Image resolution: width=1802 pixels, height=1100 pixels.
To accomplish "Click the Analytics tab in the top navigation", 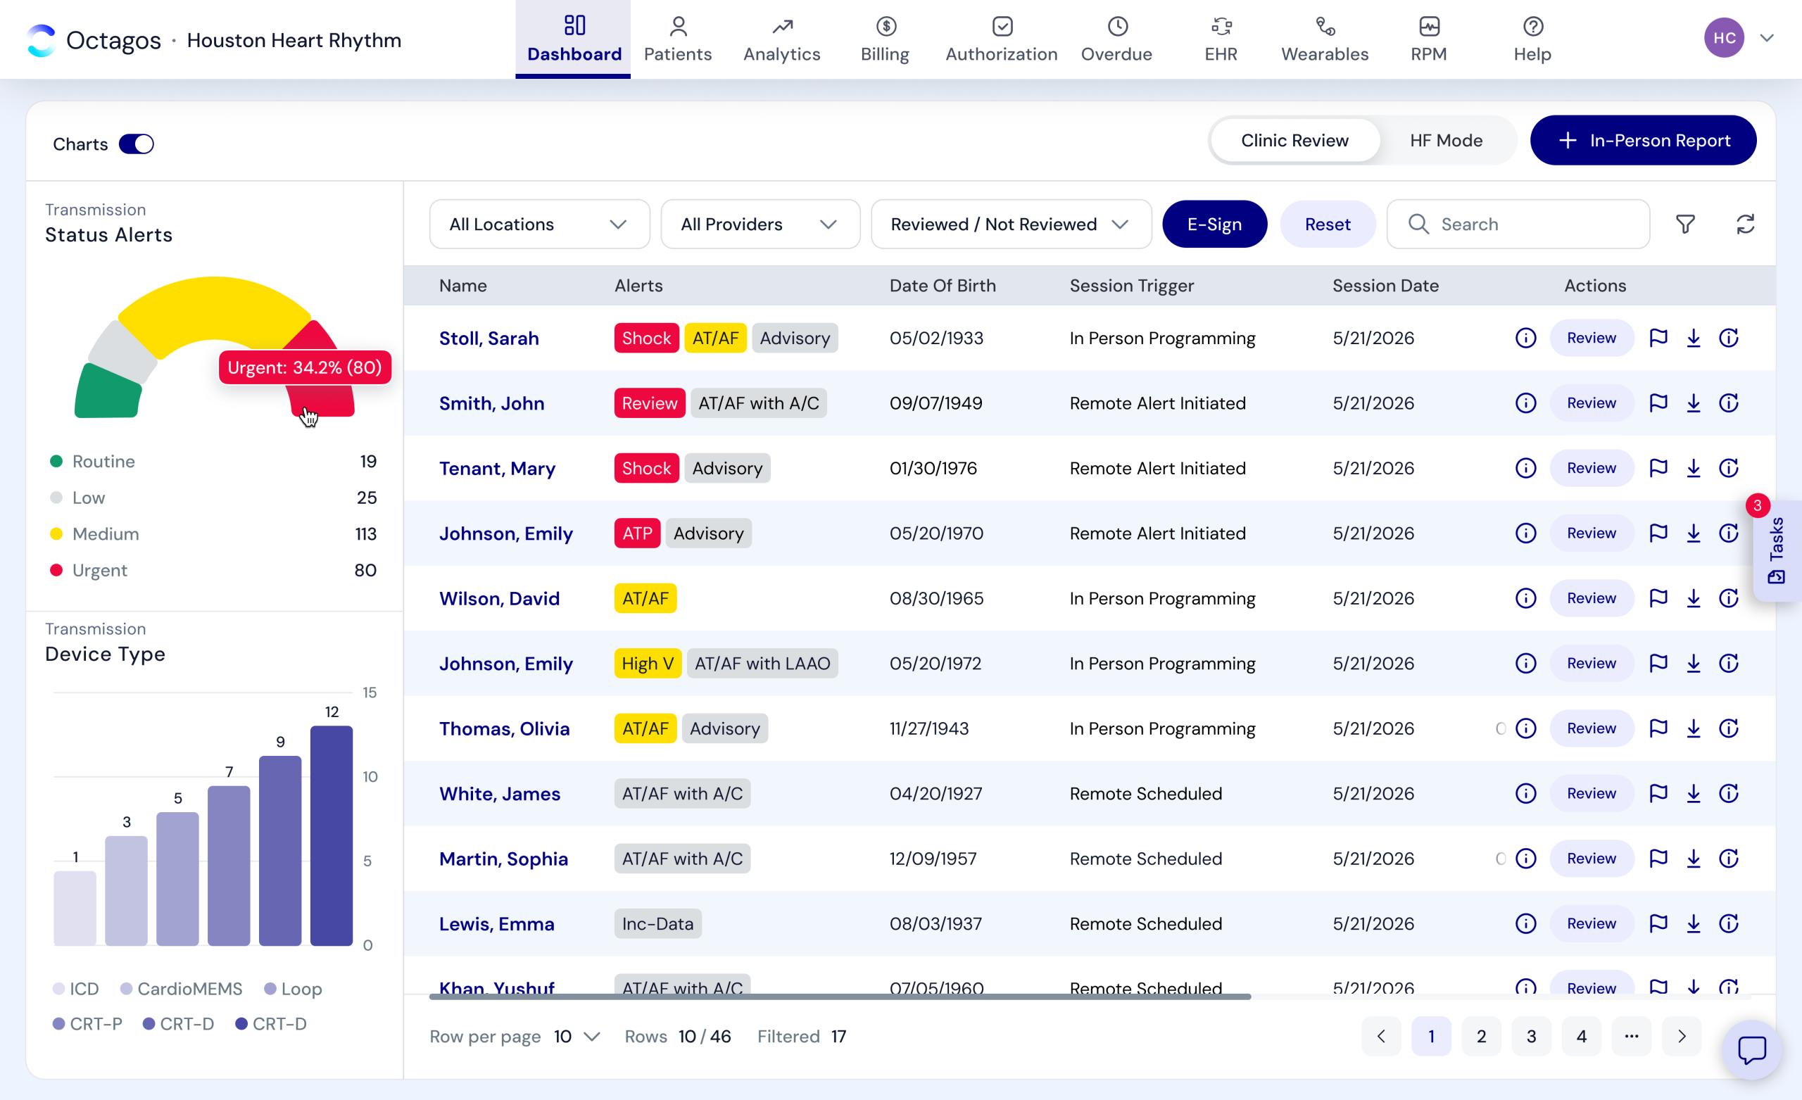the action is (781, 39).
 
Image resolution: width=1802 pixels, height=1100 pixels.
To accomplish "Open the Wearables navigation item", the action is (1325, 39).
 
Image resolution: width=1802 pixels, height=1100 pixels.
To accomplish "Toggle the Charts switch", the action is (136, 144).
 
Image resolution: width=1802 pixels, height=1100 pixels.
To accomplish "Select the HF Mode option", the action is (1446, 141).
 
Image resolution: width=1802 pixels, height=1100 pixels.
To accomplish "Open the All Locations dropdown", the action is (539, 224).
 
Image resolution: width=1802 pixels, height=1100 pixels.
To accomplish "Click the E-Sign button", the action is (1214, 224).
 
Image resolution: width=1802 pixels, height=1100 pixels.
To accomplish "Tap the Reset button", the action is (1328, 224).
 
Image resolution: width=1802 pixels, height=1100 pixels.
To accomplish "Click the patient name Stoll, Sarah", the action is (489, 338).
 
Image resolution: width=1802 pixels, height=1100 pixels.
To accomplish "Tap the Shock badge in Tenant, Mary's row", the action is (646, 468).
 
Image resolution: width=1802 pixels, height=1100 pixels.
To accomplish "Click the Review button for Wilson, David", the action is (1591, 598).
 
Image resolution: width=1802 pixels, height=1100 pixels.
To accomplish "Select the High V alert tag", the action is (647, 664).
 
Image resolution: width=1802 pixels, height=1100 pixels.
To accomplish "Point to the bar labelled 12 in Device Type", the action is (332, 835).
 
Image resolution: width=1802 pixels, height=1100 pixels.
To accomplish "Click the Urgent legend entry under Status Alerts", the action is (99, 571).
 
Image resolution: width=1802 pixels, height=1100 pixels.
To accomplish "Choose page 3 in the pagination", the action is (1531, 1037).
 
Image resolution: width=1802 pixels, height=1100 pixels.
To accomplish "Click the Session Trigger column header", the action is (1131, 285).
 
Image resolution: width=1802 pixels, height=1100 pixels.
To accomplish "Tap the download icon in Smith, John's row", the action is (1693, 403).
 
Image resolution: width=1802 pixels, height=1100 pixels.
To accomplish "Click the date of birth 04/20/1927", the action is (935, 794).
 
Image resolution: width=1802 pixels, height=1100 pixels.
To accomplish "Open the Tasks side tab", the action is (1777, 550).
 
